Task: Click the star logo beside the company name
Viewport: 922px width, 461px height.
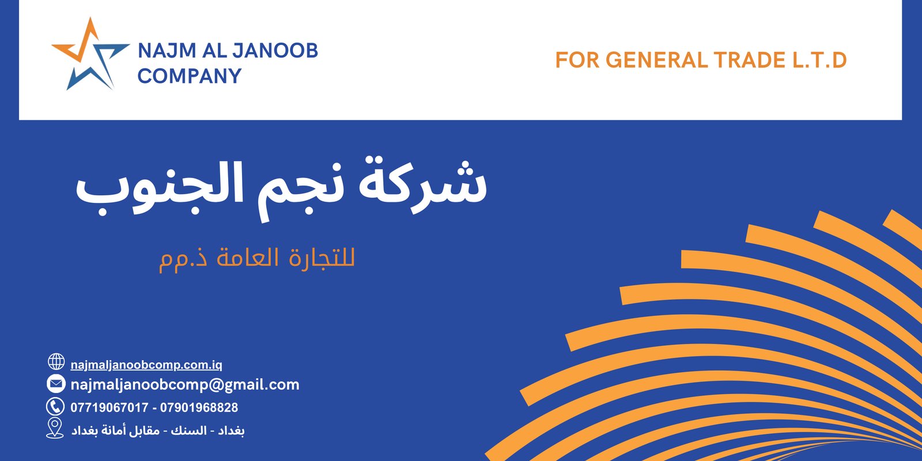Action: pos(90,54)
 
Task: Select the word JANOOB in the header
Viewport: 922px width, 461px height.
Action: pos(275,51)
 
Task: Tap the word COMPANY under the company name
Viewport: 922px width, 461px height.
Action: pos(190,75)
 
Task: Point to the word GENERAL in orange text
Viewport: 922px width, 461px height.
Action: pos(656,60)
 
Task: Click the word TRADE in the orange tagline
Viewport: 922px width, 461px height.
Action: pos(750,60)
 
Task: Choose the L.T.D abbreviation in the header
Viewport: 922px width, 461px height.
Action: pos(819,60)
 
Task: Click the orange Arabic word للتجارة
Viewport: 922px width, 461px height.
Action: pos(322,258)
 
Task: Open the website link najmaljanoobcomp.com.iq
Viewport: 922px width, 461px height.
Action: pos(146,365)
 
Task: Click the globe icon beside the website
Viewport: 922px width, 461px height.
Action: pos(56,362)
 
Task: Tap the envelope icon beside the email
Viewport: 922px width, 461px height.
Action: pos(56,384)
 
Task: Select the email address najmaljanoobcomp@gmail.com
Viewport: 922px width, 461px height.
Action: pos(185,385)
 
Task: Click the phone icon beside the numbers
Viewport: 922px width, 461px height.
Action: pos(55,407)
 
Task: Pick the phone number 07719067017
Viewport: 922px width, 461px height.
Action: pos(109,407)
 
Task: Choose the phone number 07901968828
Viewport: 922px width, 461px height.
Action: pos(199,407)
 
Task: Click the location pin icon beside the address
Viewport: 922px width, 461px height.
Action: pos(55,428)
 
